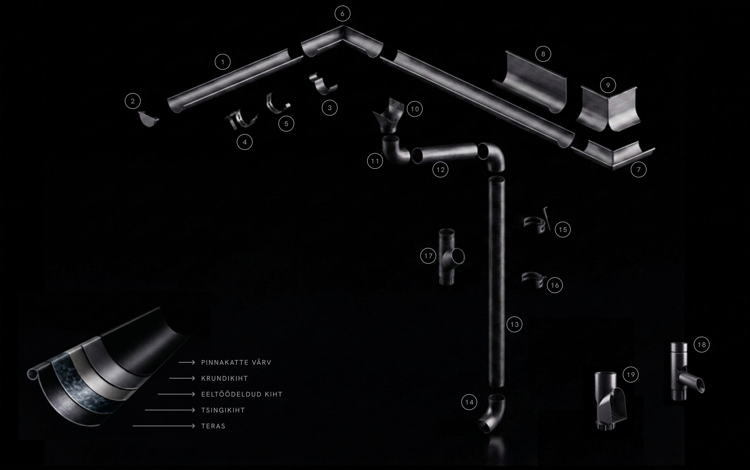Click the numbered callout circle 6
[342, 13]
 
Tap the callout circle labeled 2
[133, 101]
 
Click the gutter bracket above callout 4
[241, 121]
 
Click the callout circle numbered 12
[440, 170]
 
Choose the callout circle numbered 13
[514, 324]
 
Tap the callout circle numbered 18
[702, 345]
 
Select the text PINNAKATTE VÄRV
[236, 363]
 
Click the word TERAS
[213, 426]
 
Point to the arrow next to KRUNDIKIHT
[182, 378]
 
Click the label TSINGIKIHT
[223, 410]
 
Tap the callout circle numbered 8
[543, 54]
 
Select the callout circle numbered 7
[638, 170]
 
